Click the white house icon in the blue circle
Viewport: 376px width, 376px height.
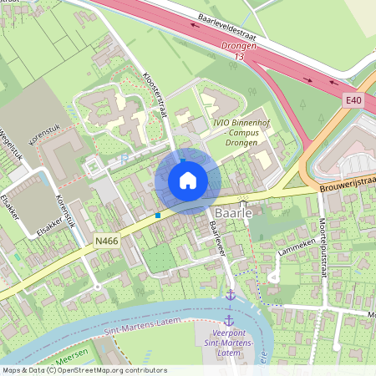[188, 180]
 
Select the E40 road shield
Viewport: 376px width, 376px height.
[353, 100]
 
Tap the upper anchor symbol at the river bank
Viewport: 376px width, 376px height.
[229, 296]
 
